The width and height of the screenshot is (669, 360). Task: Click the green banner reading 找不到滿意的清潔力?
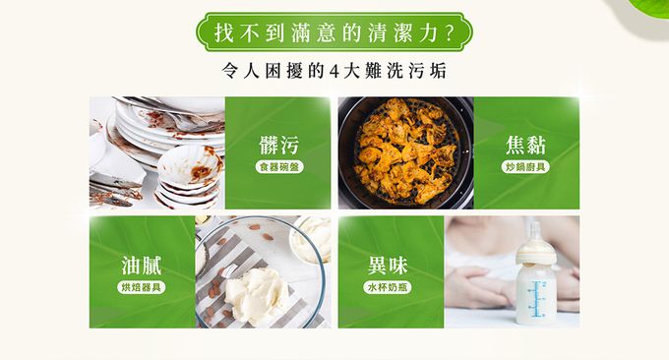coord(334,32)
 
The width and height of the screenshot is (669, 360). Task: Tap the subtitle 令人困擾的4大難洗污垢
coord(334,71)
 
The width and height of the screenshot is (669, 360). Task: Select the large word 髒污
coord(279,145)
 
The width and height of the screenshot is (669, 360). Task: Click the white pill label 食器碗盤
coord(279,167)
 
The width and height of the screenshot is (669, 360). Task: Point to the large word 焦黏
coord(525,145)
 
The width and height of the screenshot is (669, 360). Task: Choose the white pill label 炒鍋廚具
coord(525,167)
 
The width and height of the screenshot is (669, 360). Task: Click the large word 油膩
coord(142,266)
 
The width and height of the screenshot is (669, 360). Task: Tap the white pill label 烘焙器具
coord(142,287)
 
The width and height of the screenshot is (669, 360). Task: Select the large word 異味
coord(388,266)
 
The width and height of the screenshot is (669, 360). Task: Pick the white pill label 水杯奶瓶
coord(388,287)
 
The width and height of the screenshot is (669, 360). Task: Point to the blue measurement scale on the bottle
coord(537,299)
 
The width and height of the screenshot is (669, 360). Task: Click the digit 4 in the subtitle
coord(334,72)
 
